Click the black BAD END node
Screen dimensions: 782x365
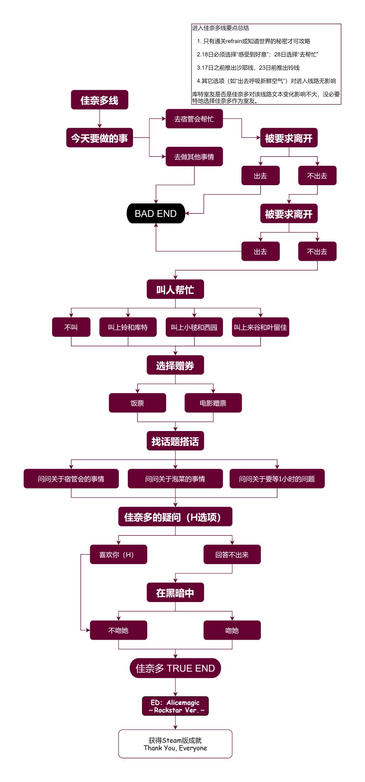(x=156, y=213)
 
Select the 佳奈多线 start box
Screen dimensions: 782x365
(x=99, y=100)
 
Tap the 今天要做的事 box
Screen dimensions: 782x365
(x=99, y=138)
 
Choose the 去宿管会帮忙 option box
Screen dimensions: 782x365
(x=194, y=119)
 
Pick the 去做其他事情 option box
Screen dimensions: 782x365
(x=194, y=157)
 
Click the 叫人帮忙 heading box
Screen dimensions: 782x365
(x=175, y=289)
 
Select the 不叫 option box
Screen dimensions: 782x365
(x=71, y=327)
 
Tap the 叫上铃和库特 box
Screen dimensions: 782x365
(x=128, y=327)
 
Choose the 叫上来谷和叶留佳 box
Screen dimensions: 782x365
(x=260, y=327)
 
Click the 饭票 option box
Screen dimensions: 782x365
(x=137, y=403)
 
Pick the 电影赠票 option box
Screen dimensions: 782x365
(x=213, y=403)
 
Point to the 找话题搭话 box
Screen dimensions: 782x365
(x=175, y=441)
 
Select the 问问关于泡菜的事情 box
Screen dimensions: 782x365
(x=175, y=479)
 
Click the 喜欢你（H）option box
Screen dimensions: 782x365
(x=118, y=555)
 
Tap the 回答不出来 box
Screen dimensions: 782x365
(x=232, y=555)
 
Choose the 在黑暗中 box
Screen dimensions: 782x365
(x=175, y=593)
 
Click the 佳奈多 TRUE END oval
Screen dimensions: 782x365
(x=175, y=668)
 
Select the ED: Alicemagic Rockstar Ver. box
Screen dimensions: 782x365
(x=175, y=706)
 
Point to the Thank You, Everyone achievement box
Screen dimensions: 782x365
(x=175, y=744)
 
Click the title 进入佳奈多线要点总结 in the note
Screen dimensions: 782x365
(x=220, y=28)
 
